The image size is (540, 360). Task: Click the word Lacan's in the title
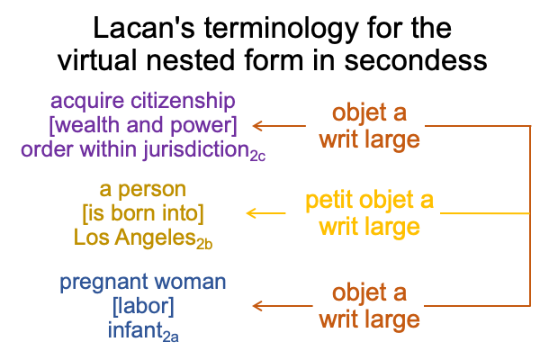tap(144, 28)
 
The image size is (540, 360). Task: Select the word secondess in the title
tap(416, 59)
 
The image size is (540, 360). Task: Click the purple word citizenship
tap(183, 102)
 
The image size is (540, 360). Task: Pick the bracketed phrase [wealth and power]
tap(143, 125)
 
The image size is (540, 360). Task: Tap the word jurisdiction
tap(196, 150)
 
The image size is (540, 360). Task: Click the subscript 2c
tap(257, 156)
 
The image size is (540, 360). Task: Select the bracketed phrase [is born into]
tap(143, 213)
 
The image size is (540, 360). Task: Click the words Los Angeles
tap(135, 238)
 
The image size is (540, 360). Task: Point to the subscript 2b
tap(204, 244)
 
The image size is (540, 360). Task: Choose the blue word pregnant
tap(104, 283)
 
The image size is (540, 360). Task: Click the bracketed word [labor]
tap(143, 306)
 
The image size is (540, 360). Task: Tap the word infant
tap(135, 329)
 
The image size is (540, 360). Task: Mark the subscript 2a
tap(170, 337)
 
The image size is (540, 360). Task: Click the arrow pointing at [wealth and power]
tap(279, 126)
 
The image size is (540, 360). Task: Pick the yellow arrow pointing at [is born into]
tap(266, 213)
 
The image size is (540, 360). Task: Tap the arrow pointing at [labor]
tap(283, 306)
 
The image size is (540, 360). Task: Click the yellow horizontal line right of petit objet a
tap(485, 213)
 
